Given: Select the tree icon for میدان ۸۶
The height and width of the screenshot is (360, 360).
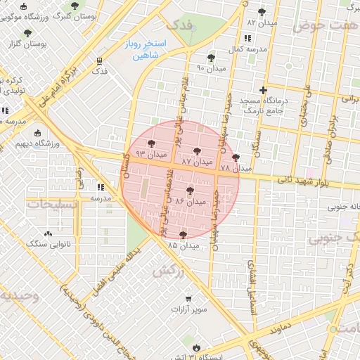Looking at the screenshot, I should (191, 189).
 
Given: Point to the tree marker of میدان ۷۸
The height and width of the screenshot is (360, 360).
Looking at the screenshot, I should (235, 157).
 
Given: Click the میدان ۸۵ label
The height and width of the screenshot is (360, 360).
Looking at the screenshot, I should (184, 245).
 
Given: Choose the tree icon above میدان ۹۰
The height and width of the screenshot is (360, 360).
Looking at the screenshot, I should (211, 58).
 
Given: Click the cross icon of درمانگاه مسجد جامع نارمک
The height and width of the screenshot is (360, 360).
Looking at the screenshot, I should (263, 90).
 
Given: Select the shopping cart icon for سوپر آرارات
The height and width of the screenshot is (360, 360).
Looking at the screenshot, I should (188, 298).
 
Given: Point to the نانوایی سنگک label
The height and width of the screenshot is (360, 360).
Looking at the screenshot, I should (46, 244).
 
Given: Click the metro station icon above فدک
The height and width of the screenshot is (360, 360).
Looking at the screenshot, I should (100, 60).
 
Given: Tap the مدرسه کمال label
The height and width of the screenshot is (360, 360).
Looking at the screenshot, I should (245, 51).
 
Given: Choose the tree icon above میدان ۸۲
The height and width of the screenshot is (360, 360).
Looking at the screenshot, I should (262, 12).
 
